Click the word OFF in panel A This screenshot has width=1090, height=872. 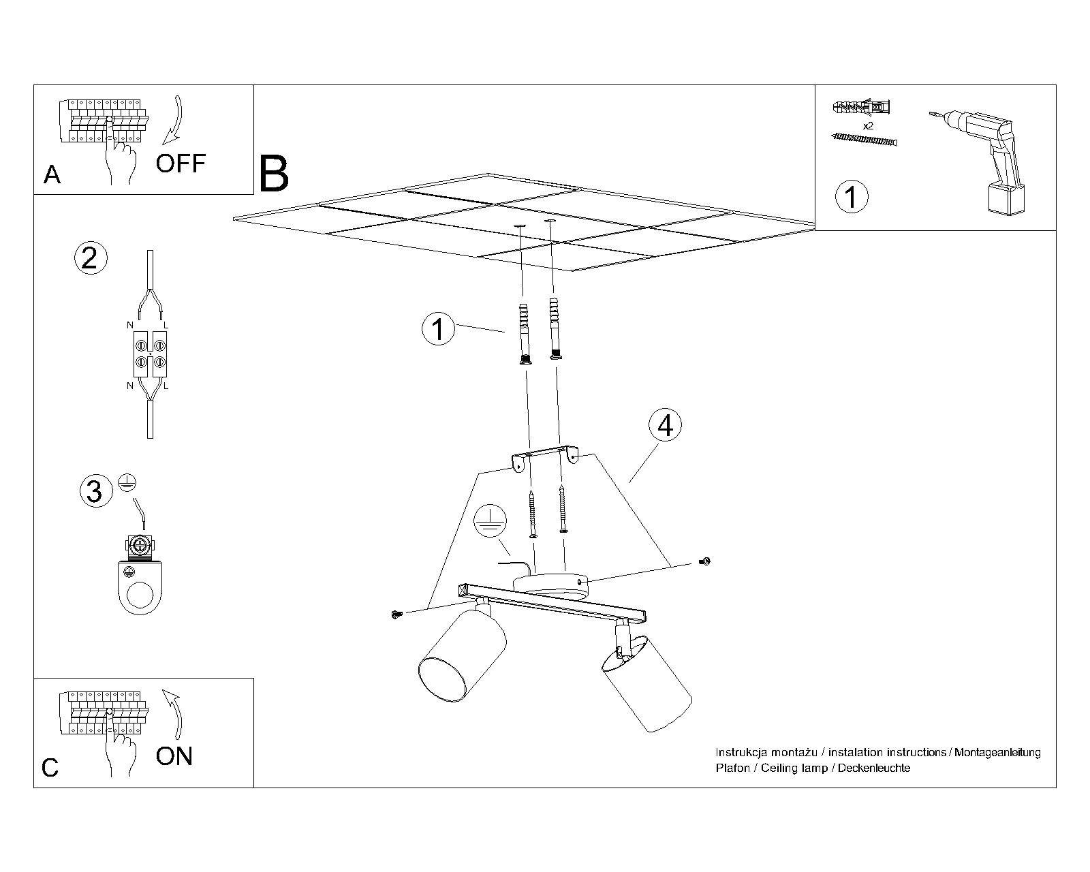[x=181, y=163]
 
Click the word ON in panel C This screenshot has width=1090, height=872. [x=174, y=756]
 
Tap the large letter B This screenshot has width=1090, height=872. [x=275, y=174]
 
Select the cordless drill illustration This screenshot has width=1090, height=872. [x=982, y=160]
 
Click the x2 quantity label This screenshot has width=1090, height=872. [x=869, y=127]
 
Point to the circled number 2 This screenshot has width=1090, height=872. [x=90, y=259]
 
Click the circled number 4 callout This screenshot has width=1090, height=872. [x=665, y=425]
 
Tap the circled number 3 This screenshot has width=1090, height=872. [x=95, y=491]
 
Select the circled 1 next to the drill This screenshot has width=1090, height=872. [x=851, y=197]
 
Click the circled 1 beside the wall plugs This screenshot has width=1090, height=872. [x=438, y=329]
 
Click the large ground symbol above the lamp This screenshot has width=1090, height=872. [x=490, y=523]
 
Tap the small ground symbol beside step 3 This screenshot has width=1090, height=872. [x=124, y=482]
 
